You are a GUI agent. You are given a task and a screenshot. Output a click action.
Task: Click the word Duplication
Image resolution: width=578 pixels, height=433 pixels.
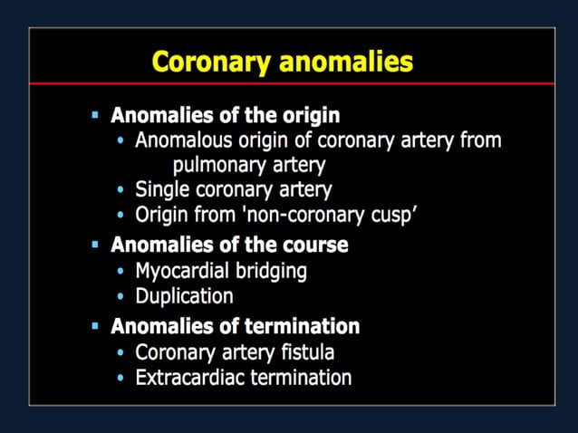184,295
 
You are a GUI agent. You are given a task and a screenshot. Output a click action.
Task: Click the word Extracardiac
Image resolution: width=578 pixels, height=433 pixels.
189,377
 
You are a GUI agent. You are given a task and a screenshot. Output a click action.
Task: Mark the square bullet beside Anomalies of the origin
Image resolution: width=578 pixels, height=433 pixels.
95,116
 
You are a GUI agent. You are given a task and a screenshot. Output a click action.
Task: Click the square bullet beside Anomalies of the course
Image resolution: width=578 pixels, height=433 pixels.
95,245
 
